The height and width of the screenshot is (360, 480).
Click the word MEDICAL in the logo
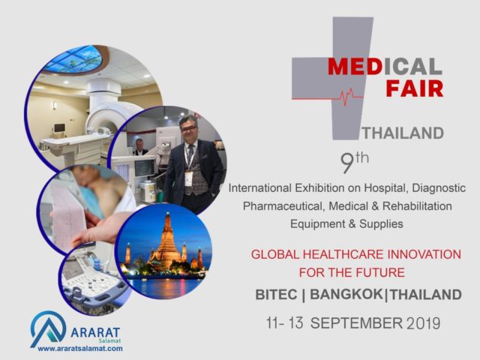pos(385,67)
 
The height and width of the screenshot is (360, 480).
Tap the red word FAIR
pos(415,88)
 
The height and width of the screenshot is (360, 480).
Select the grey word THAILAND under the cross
pos(403,133)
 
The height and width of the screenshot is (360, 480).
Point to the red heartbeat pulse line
pos(327,96)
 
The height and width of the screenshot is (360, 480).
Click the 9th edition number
pos(355,163)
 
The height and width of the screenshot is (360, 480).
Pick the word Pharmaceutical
pos(283,206)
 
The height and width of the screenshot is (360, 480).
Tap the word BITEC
pos(276,295)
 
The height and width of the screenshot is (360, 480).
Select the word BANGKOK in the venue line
pos(346,295)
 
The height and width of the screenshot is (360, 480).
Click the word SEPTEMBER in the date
pos(357,323)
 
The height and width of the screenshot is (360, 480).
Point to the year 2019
pos(424,323)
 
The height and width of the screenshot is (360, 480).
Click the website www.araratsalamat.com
pos(80,348)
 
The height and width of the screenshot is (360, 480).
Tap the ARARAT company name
pos(95,332)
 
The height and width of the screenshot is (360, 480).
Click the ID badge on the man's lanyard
pos(188,178)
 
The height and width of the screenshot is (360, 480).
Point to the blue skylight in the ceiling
pos(73,60)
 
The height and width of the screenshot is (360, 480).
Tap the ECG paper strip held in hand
pos(68,214)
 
